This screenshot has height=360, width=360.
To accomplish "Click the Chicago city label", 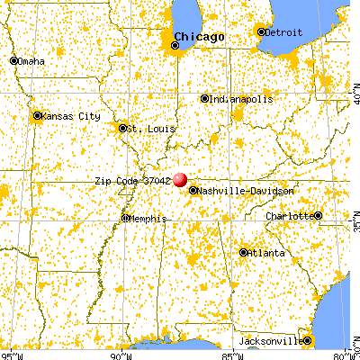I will pos(199,37).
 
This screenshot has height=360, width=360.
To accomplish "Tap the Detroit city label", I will pos(282,32).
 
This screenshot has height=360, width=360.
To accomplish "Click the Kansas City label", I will pos(66,117).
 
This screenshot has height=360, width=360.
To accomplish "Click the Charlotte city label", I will pos(288,217).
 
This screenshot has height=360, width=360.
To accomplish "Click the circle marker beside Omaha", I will pos(13,61).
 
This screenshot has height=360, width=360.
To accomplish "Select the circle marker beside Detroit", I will pos(262,32).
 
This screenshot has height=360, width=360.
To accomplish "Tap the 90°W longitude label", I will pos(121,354).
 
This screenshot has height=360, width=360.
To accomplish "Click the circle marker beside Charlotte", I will pos(317,216).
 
